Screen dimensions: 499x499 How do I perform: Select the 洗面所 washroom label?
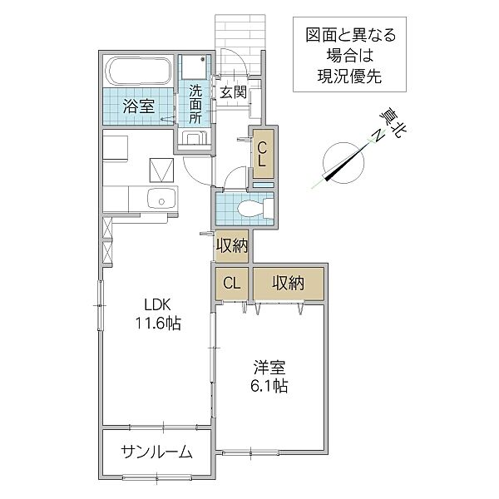(195, 103)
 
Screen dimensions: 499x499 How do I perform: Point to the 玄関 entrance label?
(232, 92)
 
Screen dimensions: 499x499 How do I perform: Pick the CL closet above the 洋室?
(231, 283)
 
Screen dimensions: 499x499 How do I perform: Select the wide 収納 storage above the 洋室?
(288, 283)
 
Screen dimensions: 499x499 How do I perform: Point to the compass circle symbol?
(340, 161)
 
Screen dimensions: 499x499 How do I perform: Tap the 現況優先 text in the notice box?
(349, 77)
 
